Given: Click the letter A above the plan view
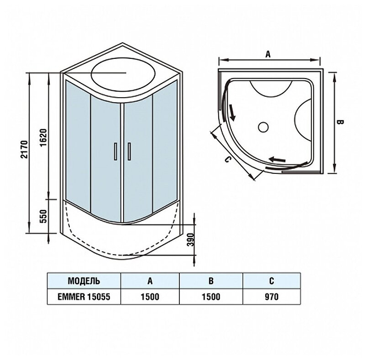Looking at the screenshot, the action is pos(268,54).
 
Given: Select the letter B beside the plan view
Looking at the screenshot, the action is pos(340,122).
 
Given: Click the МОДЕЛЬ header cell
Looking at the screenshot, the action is pos(84,280).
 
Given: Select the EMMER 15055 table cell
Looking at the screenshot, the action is pos(84,297).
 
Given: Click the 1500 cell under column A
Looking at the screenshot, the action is pos(150,297).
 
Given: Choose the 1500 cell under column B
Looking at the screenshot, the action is pos(211,297).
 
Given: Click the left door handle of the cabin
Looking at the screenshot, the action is pos(115,151).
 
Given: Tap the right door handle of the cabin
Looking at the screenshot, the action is pos(130,151).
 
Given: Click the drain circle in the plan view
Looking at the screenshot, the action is pos(263,126).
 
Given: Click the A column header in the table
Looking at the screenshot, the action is pos(150,280).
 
